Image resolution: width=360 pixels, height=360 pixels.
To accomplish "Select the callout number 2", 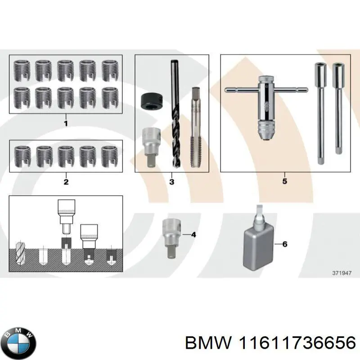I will pyautogui.click(x=66, y=182).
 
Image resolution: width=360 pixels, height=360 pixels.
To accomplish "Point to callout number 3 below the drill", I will pyautogui.click(x=171, y=182).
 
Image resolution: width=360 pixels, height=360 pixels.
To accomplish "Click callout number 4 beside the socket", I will pyautogui.click(x=193, y=234).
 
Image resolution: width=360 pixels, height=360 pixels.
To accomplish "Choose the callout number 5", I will pyautogui.click(x=284, y=181).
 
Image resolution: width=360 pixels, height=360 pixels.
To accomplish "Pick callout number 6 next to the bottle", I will pyautogui.click(x=284, y=244).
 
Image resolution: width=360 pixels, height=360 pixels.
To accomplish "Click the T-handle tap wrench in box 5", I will pyautogui.click(x=265, y=103).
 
